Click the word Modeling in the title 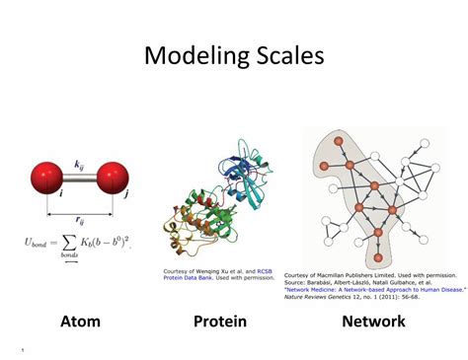tap(194, 56)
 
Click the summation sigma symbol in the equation tap(68, 241)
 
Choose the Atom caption tap(80, 321)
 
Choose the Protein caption tap(219, 321)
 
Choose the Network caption tap(373, 321)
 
